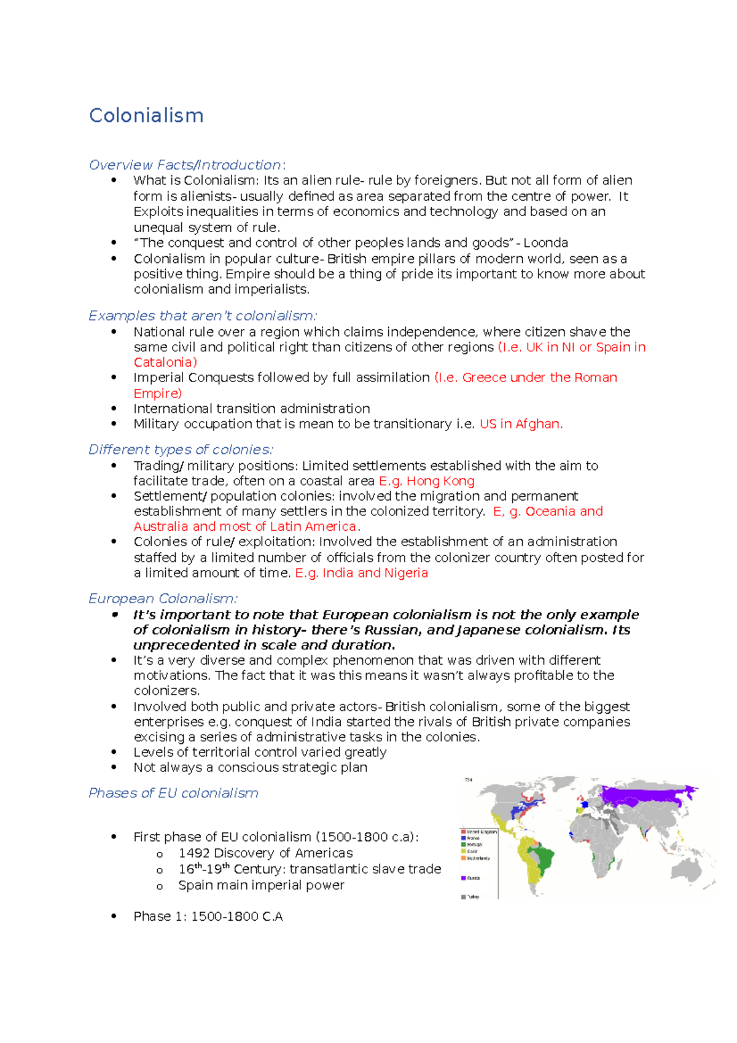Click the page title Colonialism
point(146,115)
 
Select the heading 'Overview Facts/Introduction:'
point(187,165)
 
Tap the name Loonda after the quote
point(545,243)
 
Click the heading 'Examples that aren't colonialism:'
point(203,316)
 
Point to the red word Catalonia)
point(165,362)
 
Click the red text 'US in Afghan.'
point(521,424)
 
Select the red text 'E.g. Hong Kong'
point(427,481)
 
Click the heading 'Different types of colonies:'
point(181,450)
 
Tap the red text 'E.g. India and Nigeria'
point(361,573)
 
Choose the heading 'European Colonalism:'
point(163,599)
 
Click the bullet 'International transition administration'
point(252,408)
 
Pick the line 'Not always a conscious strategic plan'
point(251,767)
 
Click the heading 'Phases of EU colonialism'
point(173,793)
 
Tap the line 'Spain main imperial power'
point(261,885)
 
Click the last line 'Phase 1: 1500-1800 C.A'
point(208,916)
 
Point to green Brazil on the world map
point(544,857)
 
